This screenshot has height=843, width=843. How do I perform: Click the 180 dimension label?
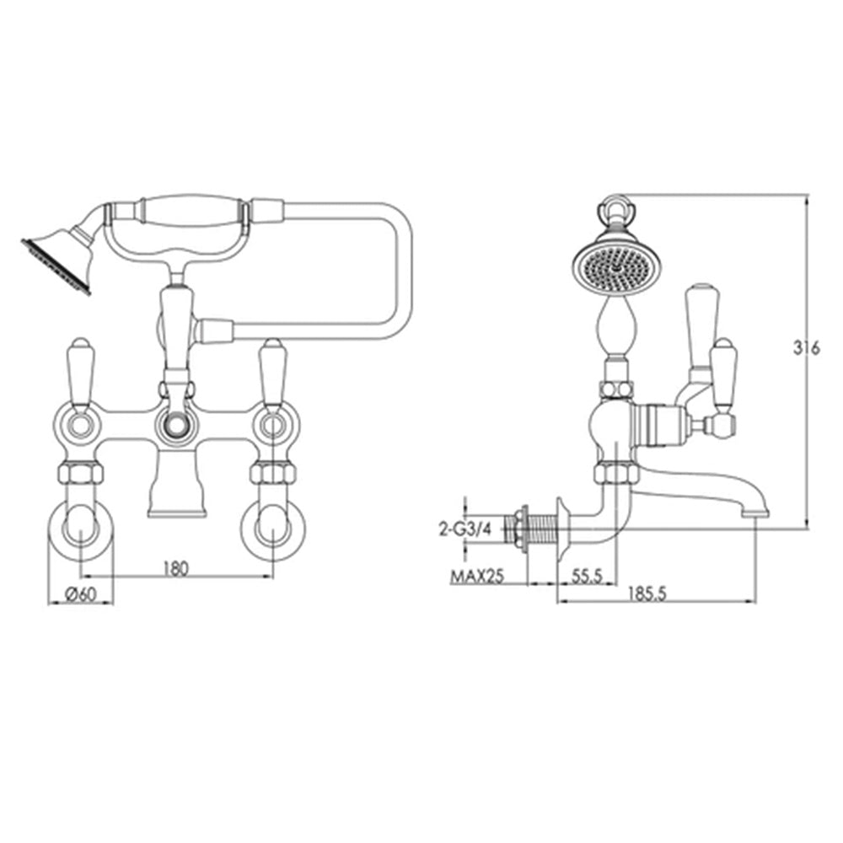click(x=175, y=568)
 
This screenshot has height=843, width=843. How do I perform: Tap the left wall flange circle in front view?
click(x=79, y=531)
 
